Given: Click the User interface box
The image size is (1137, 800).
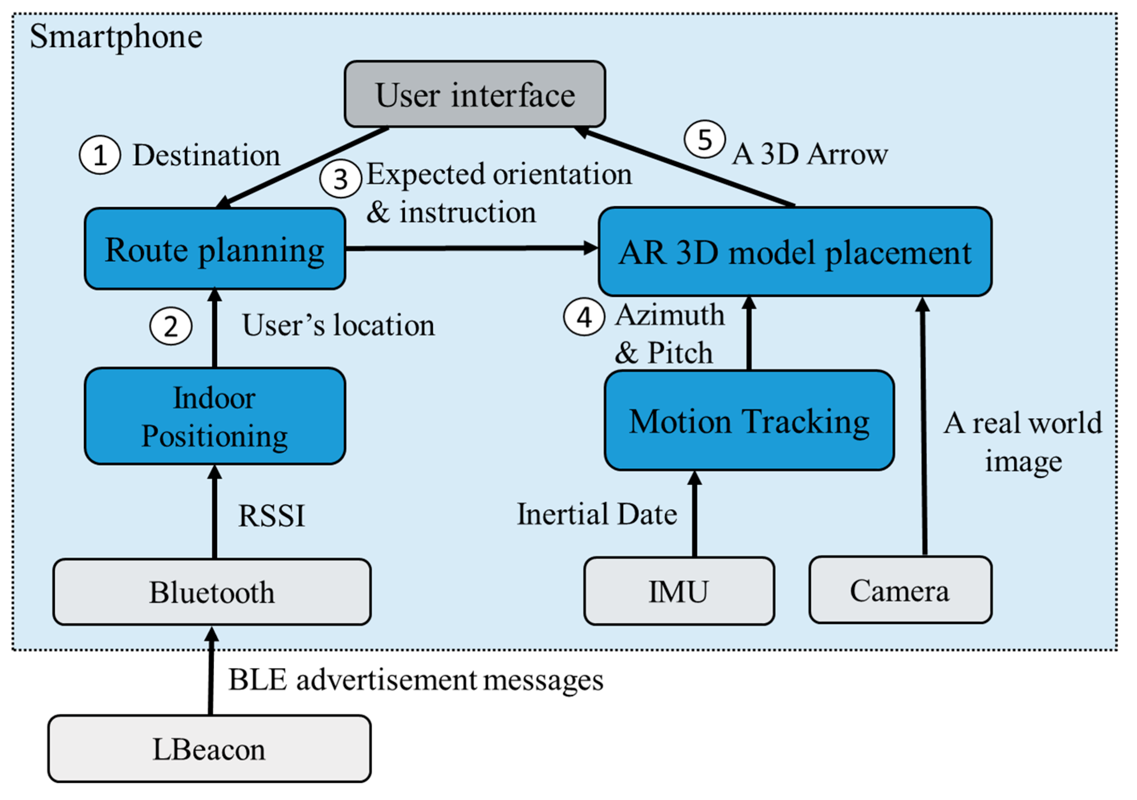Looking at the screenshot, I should (474, 94).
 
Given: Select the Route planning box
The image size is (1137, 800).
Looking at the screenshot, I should (214, 249).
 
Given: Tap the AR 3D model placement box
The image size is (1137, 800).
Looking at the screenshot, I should (794, 252).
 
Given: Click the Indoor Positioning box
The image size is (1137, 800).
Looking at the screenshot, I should (214, 416).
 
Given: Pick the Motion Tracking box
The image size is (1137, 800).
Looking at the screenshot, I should (749, 420).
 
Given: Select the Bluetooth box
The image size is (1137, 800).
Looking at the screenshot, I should (211, 592).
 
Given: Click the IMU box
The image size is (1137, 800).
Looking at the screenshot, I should (678, 591).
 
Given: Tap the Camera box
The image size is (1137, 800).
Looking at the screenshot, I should (900, 590).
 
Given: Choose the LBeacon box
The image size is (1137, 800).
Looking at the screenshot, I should (209, 749).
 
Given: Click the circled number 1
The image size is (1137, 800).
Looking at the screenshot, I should (100, 155).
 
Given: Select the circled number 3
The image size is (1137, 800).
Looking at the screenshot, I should (340, 179).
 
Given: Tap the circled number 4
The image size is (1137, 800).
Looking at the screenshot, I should (584, 317).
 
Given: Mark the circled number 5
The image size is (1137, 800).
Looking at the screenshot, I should (705, 139).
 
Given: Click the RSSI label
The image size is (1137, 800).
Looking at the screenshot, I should (271, 516).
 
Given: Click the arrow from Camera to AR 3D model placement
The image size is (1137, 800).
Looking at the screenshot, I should (923, 426).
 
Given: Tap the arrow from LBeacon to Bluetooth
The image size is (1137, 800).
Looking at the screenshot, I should (211, 671).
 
